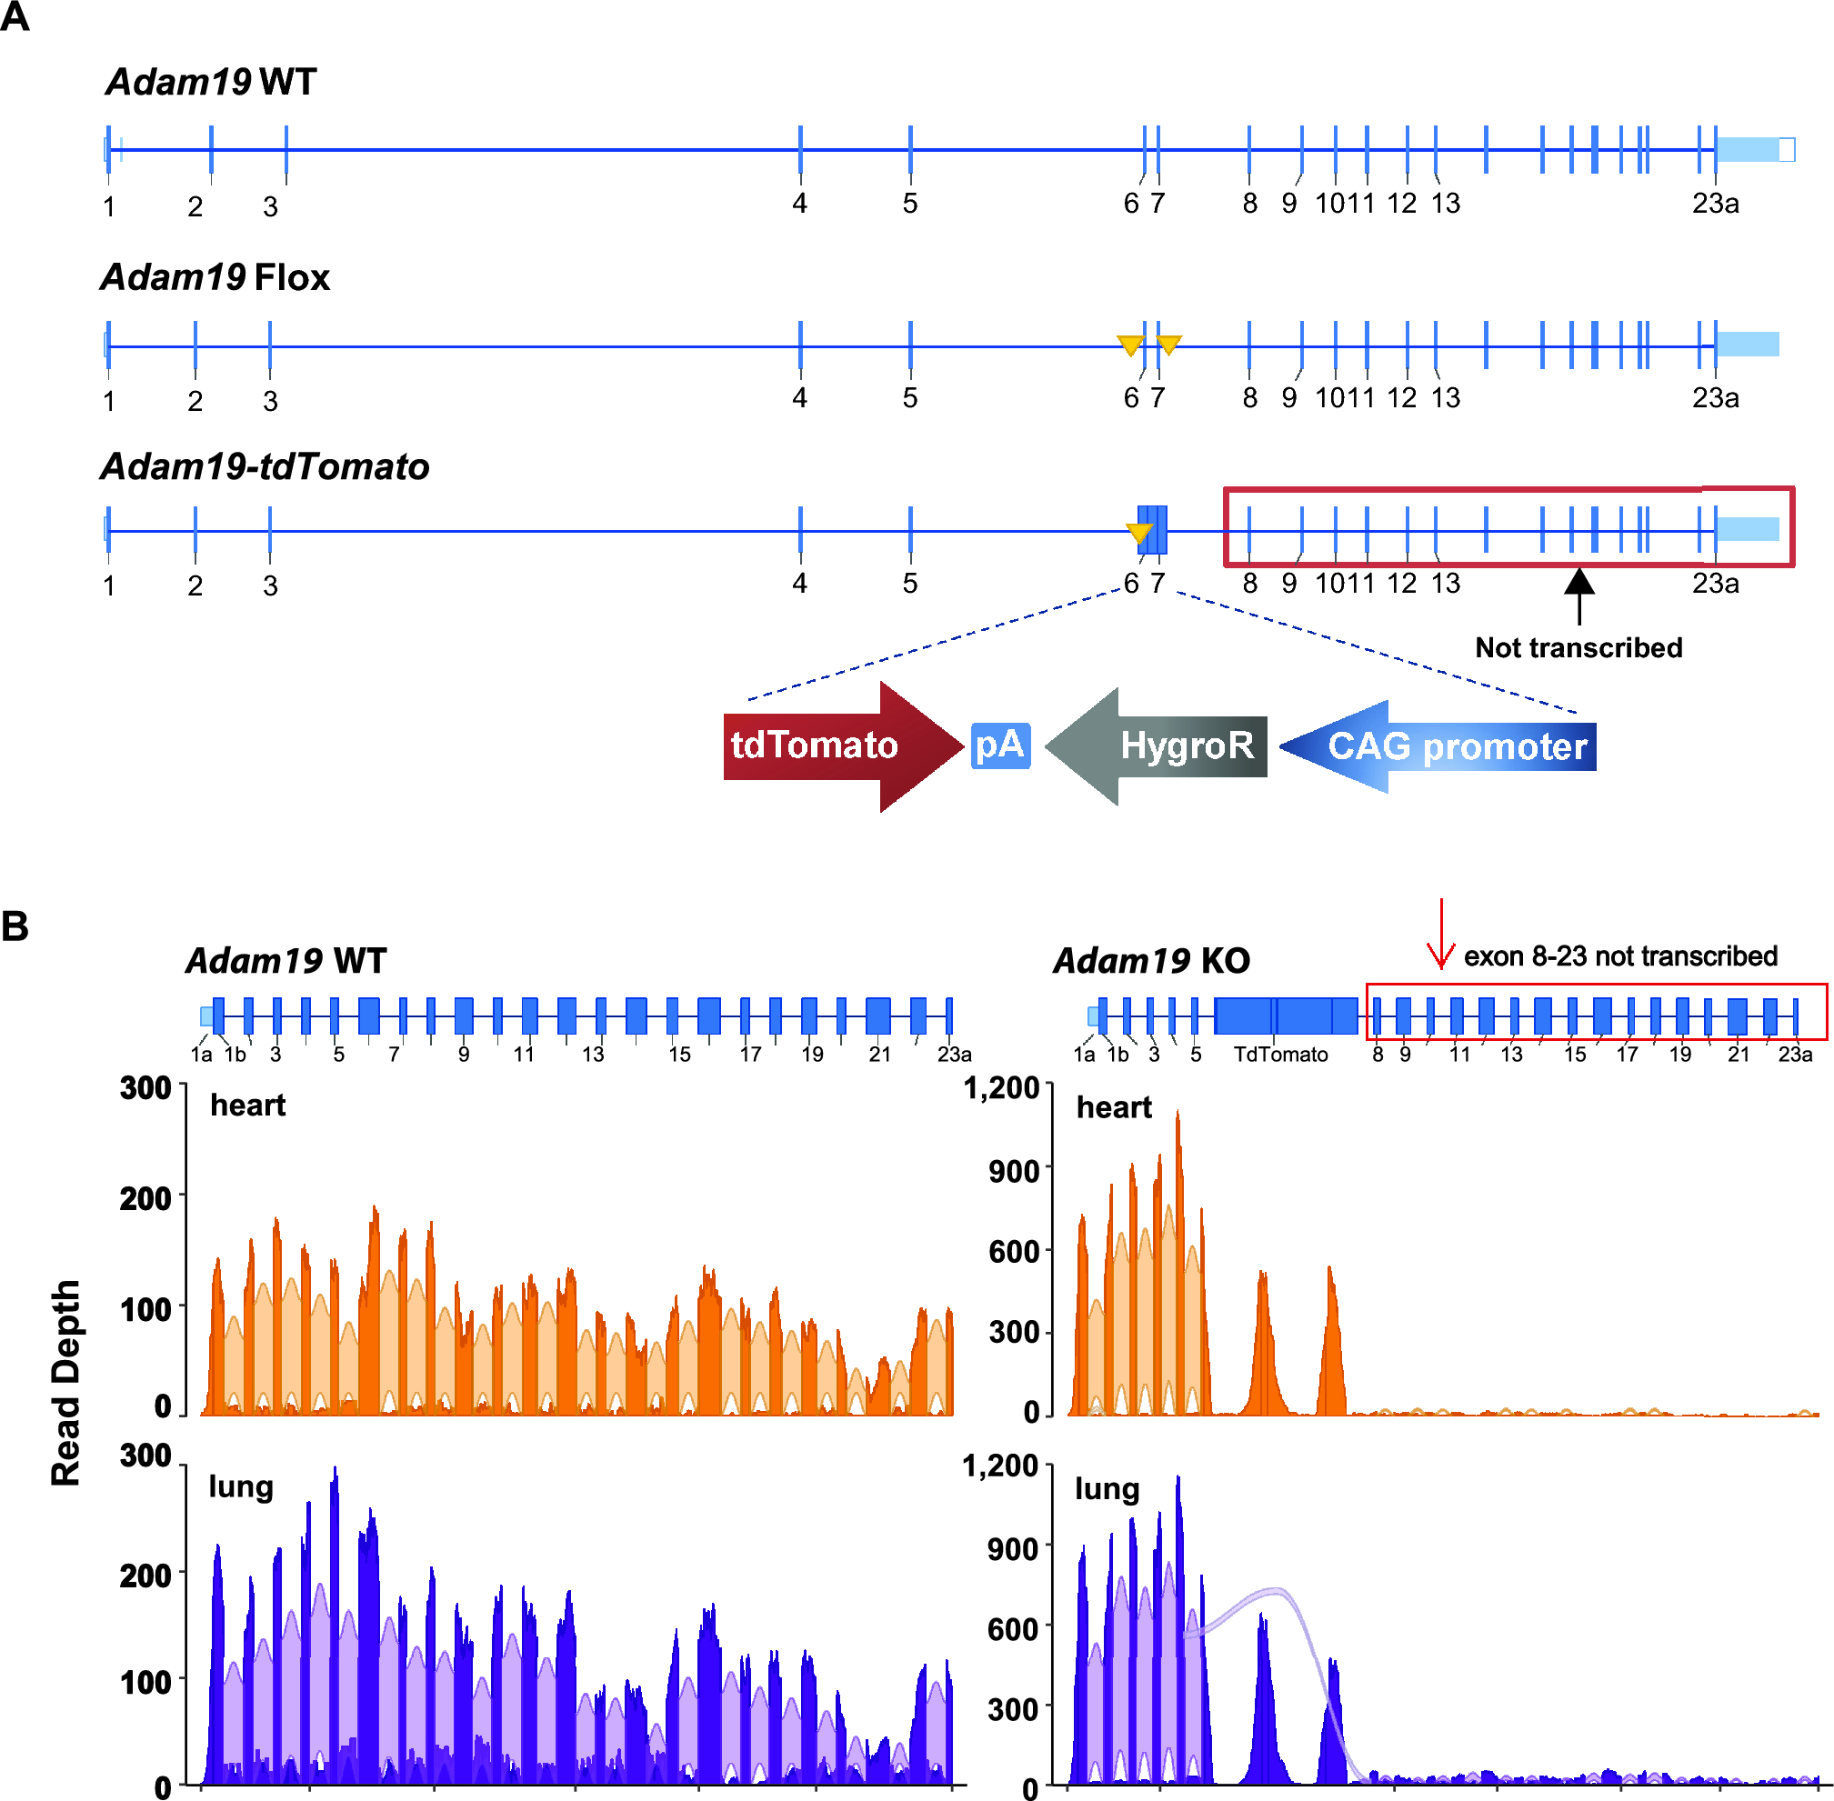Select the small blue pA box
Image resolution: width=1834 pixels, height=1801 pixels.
pyautogui.click(x=1000, y=745)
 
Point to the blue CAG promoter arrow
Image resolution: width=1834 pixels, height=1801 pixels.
pyautogui.click(x=1448, y=746)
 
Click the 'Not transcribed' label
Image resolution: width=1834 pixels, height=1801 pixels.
pyautogui.click(x=1578, y=648)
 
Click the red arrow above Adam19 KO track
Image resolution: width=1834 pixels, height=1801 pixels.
pyautogui.click(x=1440, y=934)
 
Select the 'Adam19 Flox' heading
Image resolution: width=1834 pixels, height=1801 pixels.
pyautogui.click(x=215, y=278)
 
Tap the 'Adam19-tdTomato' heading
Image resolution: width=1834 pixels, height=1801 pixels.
pyautogui.click(x=265, y=467)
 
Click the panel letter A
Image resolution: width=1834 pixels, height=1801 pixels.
pyautogui.click(x=15, y=16)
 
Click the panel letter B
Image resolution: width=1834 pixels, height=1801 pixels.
pyautogui.click(x=15, y=926)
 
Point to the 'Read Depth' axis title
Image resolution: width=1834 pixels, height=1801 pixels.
pyautogui.click(x=65, y=1382)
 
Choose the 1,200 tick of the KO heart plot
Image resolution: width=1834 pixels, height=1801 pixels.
pyautogui.click(x=1001, y=1088)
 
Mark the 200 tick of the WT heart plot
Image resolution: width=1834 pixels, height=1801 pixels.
pyautogui.click(x=145, y=1198)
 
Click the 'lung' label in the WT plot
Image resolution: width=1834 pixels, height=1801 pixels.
pyautogui.click(x=241, y=1487)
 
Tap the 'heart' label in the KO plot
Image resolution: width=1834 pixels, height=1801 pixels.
pyautogui.click(x=1113, y=1106)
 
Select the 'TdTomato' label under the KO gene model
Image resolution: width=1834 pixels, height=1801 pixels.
pyautogui.click(x=1279, y=1055)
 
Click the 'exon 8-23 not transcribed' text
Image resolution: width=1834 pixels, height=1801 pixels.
pyautogui.click(x=1619, y=956)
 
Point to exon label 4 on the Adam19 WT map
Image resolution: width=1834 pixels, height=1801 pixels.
pyautogui.click(x=799, y=204)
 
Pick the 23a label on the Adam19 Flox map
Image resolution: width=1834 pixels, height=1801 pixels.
pyautogui.click(x=1715, y=398)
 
